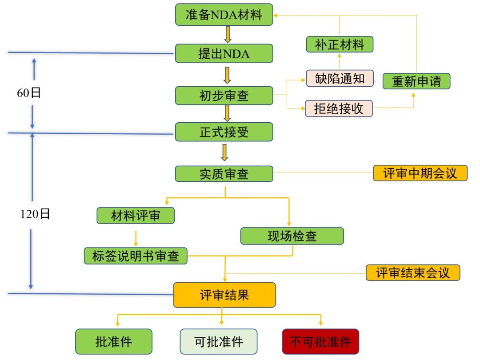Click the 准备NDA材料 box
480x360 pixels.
[x=224, y=15]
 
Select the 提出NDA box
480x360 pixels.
[x=224, y=54]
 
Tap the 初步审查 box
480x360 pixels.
[x=224, y=96]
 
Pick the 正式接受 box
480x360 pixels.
[x=224, y=132]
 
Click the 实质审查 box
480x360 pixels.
[x=224, y=174]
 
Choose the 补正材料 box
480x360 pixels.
[x=340, y=44]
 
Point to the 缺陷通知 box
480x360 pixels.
[x=340, y=78]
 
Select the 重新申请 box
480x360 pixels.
[x=416, y=81]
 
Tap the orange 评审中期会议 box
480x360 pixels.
[x=420, y=173]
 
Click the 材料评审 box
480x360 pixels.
[x=136, y=216]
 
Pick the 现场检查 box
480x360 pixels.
[x=292, y=236]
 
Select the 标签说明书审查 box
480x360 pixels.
[x=136, y=256]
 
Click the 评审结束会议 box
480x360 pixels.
[x=413, y=272]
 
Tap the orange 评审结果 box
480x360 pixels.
[x=224, y=295]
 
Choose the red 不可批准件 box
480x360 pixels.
[x=320, y=341]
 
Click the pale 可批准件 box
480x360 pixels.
[x=219, y=341]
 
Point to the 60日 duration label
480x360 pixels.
[x=29, y=93]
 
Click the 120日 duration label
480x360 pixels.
[x=35, y=214]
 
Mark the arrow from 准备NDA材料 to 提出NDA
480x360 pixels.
[x=228, y=34]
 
